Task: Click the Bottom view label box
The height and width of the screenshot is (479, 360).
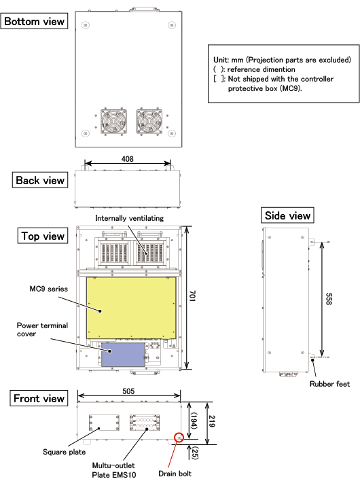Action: click(x=34, y=21)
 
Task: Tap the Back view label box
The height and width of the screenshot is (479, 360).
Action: click(x=40, y=180)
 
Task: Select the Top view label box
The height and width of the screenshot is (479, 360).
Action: click(x=43, y=236)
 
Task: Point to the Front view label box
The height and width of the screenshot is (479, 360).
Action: click(x=39, y=398)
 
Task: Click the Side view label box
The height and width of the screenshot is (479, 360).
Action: click(x=287, y=215)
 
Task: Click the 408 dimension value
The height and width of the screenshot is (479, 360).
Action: click(x=127, y=159)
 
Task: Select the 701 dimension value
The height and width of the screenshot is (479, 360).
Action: click(x=192, y=296)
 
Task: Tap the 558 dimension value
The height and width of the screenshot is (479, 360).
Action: click(x=329, y=299)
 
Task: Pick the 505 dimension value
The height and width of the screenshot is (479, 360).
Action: click(x=128, y=391)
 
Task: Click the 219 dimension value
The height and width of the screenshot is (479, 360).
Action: click(x=212, y=421)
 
